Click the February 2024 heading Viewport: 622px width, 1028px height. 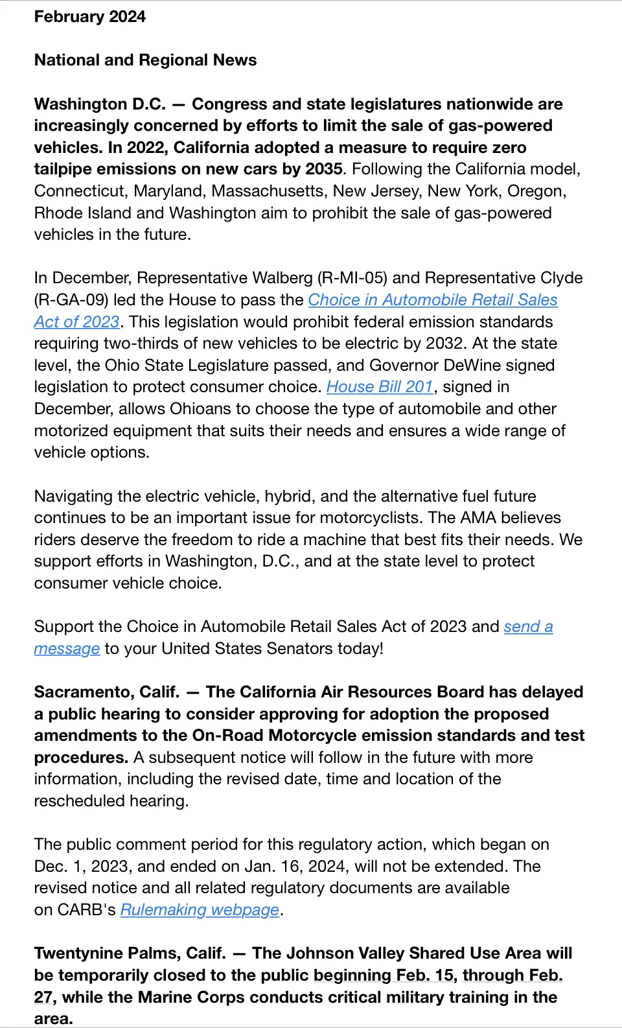[x=89, y=17]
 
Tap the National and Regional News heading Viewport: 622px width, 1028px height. [x=145, y=60]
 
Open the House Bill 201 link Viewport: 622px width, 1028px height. [x=379, y=387]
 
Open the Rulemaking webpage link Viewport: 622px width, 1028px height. [x=200, y=910]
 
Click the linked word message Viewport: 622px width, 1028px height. [x=67, y=649]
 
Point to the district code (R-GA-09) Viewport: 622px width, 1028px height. [x=71, y=300]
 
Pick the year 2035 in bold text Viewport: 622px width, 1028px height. [x=323, y=169]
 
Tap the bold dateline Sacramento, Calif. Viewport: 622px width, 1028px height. [x=107, y=692]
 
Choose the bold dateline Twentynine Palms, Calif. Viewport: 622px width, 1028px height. [x=130, y=953]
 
